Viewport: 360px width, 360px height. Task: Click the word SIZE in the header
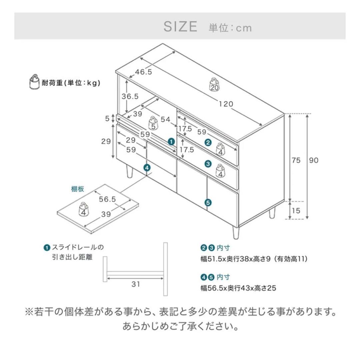(x=180, y=27)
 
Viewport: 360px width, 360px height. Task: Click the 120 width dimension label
(x=226, y=104)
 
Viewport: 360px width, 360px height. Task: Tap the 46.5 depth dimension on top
(x=144, y=72)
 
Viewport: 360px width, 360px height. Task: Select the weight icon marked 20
(x=214, y=84)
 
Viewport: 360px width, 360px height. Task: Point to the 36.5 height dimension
(x=130, y=97)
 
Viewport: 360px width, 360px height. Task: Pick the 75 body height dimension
(x=296, y=160)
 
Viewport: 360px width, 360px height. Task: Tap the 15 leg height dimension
(x=296, y=211)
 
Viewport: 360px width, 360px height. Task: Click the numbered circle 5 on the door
(x=208, y=202)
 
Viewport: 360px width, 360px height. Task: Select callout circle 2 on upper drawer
(x=208, y=143)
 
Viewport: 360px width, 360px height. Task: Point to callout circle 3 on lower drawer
(x=208, y=164)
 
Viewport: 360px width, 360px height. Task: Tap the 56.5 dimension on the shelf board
(x=107, y=199)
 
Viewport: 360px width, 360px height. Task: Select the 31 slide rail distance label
(x=136, y=284)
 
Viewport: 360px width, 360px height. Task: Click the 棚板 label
(x=77, y=189)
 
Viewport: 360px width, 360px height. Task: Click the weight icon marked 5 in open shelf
(x=153, y=123)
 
